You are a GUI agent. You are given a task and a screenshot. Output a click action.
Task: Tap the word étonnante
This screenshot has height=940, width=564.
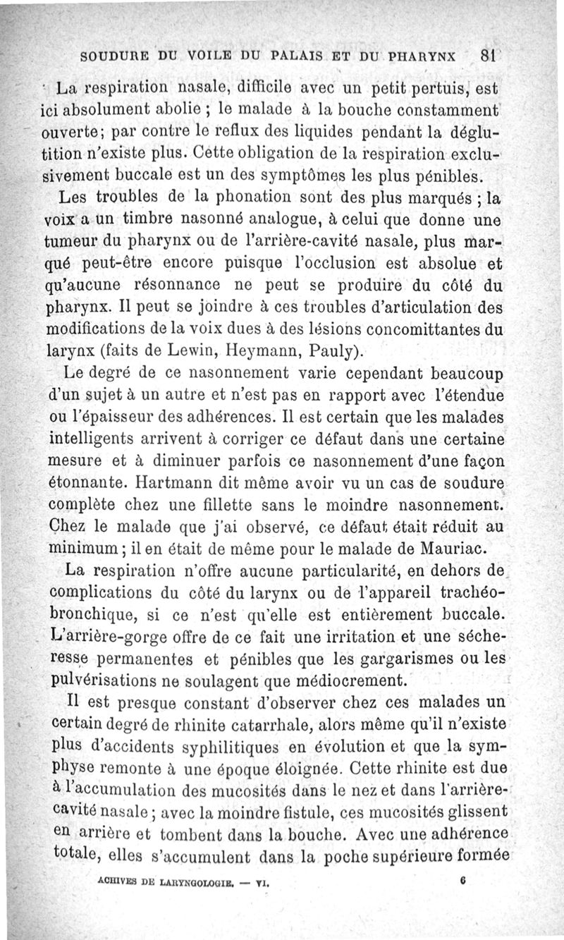pos(92,486)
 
